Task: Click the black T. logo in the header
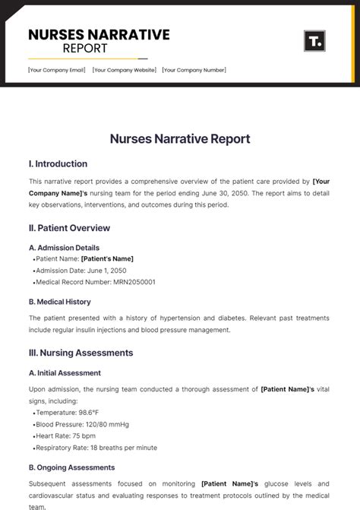[314, 40]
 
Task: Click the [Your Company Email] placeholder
[57, 70]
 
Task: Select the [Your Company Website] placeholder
[125, 70]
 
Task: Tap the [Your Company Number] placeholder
[194, 70]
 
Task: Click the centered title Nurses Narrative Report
[180, 139]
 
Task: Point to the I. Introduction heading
[58, 163]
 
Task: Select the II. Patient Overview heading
[69, 228]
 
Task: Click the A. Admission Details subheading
[64, 248]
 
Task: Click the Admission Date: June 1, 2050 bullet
[81, 271]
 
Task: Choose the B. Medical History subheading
[59, 302]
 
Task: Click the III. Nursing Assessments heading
[81, 353]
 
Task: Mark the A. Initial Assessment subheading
[65, 373]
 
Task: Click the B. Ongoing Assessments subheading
[71, 467]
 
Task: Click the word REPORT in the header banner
[85, 49]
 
